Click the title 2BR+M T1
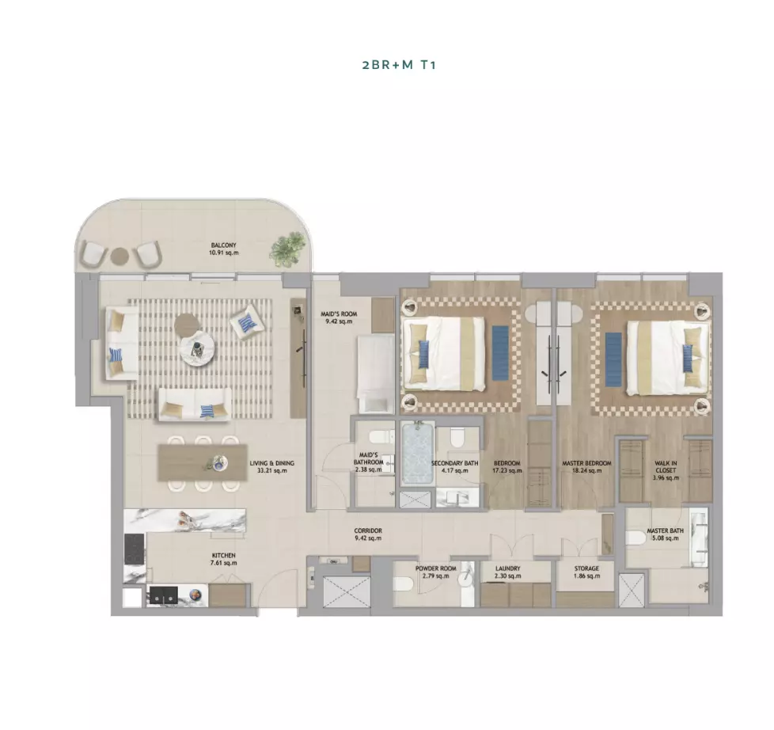coord(399,65)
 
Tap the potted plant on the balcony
coord(286,246)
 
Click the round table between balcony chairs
coord(120,256)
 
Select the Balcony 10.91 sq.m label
coord(224,249)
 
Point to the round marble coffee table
coord(197,350)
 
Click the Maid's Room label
coord(339,317)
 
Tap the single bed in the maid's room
coord(376,374)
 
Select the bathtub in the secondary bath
coord(418,453)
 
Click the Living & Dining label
coord(271,467)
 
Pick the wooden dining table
coord(203,463)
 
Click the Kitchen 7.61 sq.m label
coord(224,559)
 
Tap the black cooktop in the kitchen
coord(135,549)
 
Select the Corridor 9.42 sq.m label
coord(368,534)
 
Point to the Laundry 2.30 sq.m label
coord(507,572)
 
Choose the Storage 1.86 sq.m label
coord(586,572)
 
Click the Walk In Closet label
coord(666,470)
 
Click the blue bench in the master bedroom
coord(613,359)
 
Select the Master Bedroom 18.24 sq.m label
coord(586,467)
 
